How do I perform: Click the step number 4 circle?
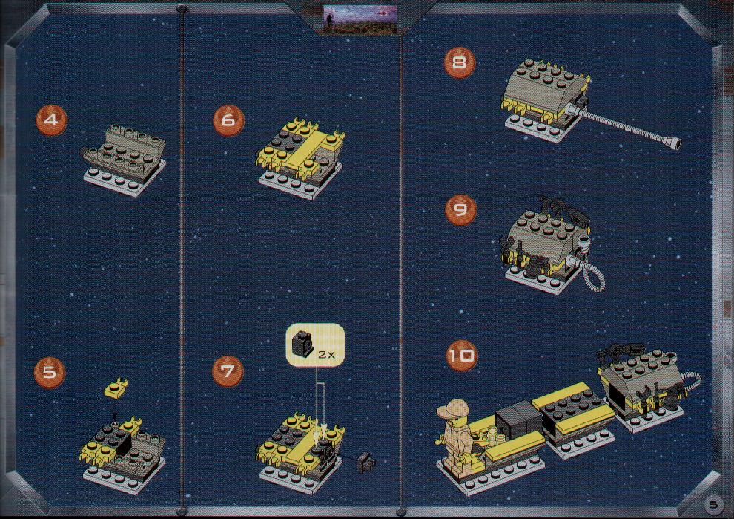51,120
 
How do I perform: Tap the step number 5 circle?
49,372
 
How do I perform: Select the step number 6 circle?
228,120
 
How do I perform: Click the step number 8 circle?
460,62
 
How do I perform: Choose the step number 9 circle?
460,209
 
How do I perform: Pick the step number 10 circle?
462,356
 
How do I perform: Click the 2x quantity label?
326,354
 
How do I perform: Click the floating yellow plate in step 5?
116,388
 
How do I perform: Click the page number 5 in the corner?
713,504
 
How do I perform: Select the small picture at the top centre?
360,19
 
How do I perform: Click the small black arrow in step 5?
115,415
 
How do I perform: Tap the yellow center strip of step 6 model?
303,151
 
